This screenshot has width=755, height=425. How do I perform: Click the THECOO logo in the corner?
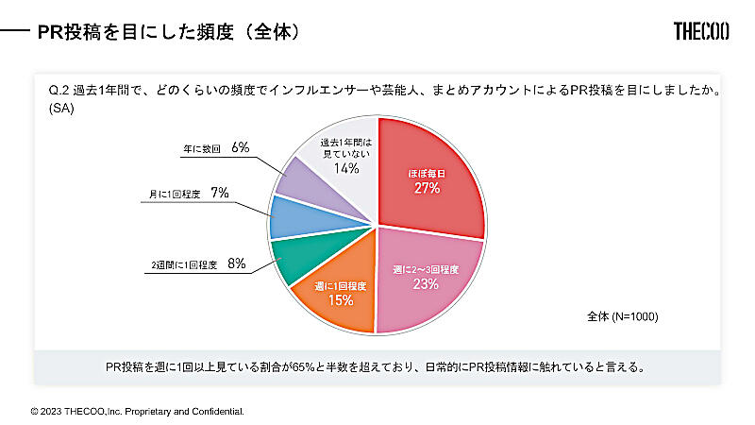coord(701,32)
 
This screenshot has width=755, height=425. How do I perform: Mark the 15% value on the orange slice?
coord(340,300)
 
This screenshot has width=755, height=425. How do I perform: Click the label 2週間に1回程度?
coord(185,266)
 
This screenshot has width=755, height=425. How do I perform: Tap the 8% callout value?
coord(236,265)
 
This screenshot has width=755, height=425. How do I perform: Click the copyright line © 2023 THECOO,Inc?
coord(138,412)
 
